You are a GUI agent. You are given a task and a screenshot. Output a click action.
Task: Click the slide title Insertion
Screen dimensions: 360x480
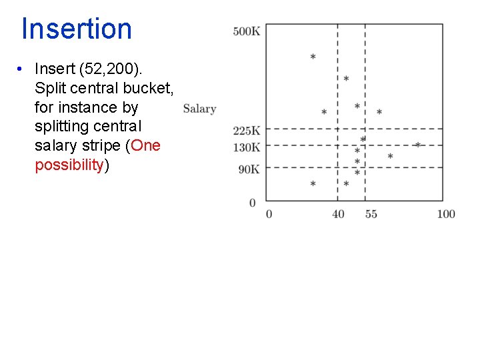77,29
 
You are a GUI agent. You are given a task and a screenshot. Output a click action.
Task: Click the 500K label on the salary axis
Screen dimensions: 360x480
247,31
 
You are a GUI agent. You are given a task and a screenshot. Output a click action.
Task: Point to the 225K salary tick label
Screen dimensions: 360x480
247,131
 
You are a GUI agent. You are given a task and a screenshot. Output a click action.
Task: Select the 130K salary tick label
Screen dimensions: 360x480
247,147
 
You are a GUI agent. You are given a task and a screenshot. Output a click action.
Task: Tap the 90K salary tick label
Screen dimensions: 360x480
249,169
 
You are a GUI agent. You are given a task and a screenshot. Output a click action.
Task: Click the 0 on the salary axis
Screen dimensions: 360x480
253,203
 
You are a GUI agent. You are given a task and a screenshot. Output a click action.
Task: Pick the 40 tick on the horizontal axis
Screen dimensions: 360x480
339,214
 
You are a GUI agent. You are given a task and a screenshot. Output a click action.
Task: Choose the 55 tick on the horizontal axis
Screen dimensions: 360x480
371,214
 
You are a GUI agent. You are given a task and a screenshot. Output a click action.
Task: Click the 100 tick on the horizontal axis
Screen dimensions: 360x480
446,214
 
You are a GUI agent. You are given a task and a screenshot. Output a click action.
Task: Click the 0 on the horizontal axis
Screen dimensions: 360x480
269,214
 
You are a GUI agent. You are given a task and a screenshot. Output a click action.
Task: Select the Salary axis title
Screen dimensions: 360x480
199,109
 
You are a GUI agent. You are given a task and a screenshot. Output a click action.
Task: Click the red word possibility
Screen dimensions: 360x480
69,165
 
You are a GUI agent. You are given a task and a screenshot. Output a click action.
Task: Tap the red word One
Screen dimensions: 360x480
146,145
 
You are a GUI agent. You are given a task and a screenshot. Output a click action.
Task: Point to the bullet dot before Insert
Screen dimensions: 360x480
22,69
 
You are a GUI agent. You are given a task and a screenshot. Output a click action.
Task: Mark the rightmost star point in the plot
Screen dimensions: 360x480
418,145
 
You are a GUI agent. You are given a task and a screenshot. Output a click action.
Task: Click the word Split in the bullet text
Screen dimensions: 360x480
50,88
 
